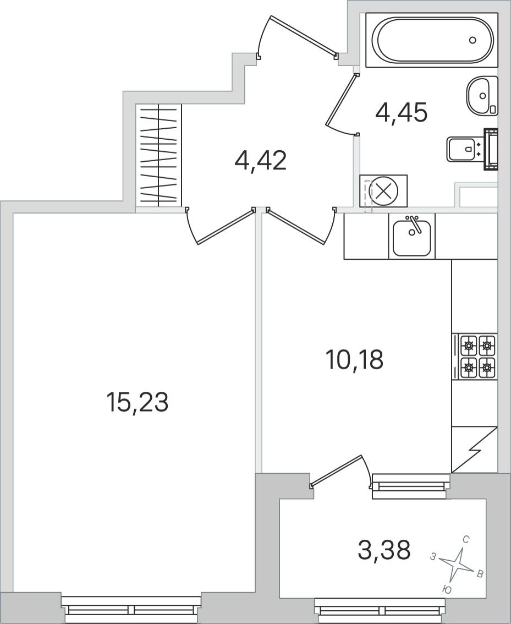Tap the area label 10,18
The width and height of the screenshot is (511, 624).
[354, 359]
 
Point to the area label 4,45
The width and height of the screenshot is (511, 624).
[401, 113]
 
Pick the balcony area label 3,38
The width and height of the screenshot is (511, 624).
[384, 550]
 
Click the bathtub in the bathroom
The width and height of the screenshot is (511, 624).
[431, 40]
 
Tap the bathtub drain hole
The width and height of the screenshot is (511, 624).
[472, 40]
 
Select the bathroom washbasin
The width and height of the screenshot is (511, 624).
[482, 96]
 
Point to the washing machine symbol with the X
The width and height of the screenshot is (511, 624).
[383, 190]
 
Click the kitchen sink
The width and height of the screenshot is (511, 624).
[412, 237]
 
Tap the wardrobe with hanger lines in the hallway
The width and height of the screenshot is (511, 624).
[158, 155]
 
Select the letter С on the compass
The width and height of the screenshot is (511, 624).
[467, 540]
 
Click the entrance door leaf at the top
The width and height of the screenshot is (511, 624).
[303, 35]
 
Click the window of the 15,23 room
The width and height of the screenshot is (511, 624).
[132, 610]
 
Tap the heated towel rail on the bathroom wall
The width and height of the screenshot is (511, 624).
[491, 149]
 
